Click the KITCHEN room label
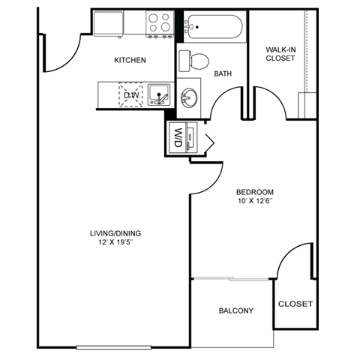pyautogui.click(x=130, y=60)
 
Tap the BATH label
pyautogui.click(x=222, y=73)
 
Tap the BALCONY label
pyautogui.click(x=235, y=310)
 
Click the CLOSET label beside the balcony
pyautogui.click(x=295, y=304)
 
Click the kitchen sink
pyautogui.click(x=158, y=94)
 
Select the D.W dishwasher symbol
pyautogui.click(x=132, y=95)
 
